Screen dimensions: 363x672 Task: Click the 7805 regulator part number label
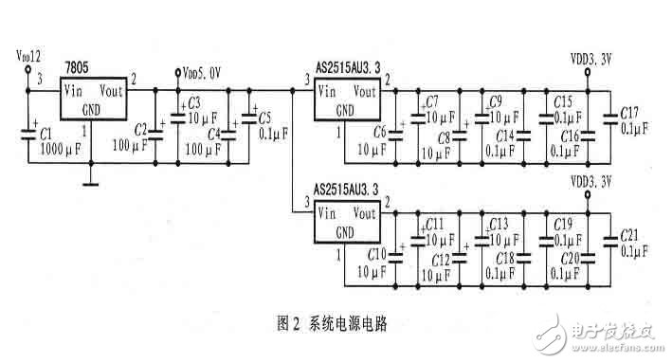coord(78,67)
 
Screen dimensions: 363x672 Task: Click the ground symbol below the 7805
coord(91,183)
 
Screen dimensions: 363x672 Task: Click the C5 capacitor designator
coord(264,118)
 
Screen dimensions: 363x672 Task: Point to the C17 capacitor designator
coord(630,112)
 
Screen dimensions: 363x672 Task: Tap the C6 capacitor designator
coord(379,132)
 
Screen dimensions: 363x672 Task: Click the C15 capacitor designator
coord(563,100)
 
